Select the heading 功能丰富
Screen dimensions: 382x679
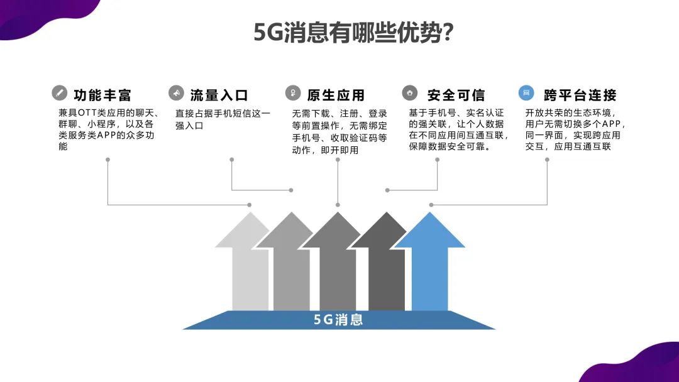[x=102, y=95]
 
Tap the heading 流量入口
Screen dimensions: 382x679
[x=219, y=95]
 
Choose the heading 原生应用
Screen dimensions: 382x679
[x=336, y=95]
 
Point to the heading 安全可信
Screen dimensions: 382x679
[x=456, y=95]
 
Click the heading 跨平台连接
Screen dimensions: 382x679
[x=580, y=95]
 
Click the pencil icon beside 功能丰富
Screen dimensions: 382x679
[x=59, y=93]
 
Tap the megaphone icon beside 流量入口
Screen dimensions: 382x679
[x=176, y=93]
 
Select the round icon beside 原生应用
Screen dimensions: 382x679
[x=292, y=93]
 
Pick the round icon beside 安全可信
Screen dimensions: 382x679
[x=409, y=93]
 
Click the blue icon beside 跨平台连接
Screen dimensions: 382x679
[x=526, y=93]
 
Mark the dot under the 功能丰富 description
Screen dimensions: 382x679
[x=108, y=160]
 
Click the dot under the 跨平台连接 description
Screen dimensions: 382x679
[x=547, y=160]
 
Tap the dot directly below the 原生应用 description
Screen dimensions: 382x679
[x=338, y=160]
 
